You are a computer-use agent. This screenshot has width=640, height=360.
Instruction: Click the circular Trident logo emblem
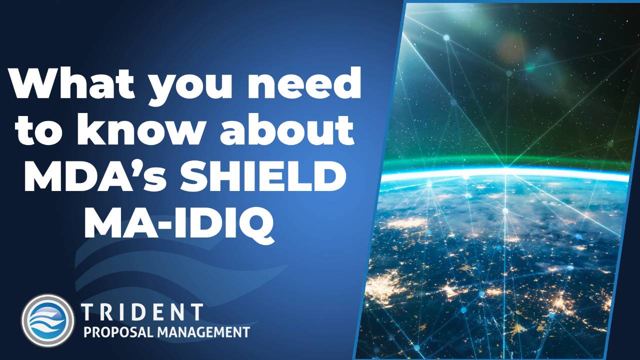point(47,320)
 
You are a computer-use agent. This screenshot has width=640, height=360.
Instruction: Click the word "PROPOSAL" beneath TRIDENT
point(116,331)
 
